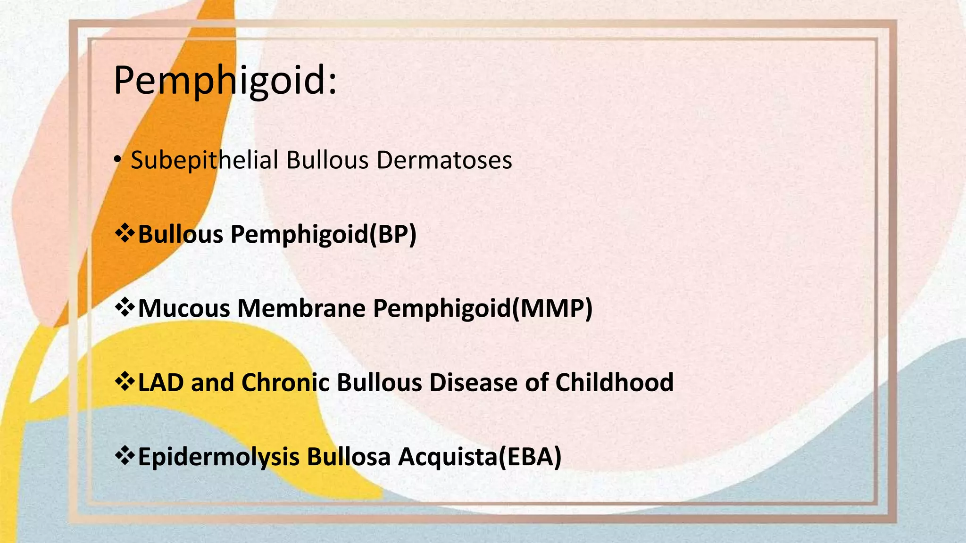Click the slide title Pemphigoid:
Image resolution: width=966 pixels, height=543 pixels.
225,81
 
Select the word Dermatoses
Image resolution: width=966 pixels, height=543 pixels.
444,160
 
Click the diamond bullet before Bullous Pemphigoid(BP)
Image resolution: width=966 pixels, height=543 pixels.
125,233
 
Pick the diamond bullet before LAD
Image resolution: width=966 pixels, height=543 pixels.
125,381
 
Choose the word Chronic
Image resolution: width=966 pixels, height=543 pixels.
285,382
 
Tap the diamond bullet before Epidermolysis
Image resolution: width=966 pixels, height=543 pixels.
125,456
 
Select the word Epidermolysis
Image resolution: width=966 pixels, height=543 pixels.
218,457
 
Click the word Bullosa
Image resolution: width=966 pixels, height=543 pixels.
349,457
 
